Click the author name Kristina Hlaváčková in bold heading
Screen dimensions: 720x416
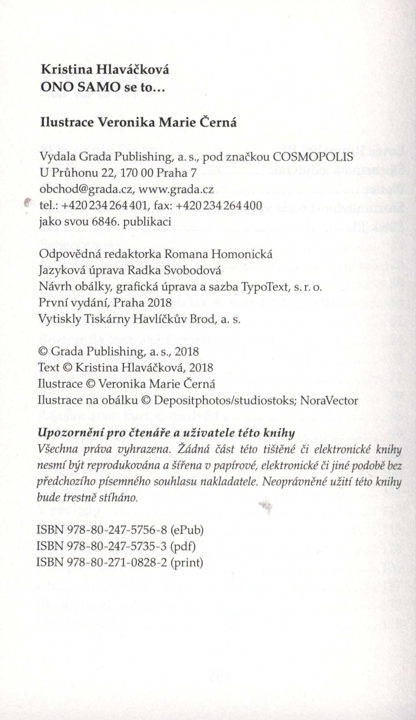105,70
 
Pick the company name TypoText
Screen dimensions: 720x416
264,287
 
